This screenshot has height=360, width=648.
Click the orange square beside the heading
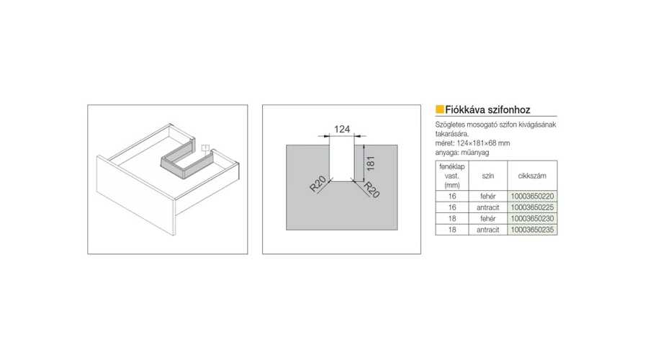(x=439, y=109)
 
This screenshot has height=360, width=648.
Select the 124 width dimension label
(x=342, y=130)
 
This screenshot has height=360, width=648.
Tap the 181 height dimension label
(x=370, y=163)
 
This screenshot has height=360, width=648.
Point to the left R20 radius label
(x=318, y=184)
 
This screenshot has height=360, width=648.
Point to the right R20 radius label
(x=371, y=189)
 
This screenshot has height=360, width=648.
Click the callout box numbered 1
(x=205, y=148)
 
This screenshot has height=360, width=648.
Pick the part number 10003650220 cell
(x=532, y=197)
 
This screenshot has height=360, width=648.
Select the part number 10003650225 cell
(x=532, y=207)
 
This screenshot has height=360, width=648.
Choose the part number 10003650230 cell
(x=532, y=219)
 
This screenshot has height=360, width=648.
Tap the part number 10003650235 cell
(x=532, y=230)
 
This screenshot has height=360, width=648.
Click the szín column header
(x=488, y=176)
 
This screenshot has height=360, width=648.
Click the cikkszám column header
(x=532, y=176)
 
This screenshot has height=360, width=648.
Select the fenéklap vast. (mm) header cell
(x=452, y=176)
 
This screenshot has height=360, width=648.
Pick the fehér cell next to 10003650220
(x=488, y=197)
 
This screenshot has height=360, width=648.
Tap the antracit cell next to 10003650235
(x=488, y=230)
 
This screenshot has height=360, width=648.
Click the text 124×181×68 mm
(x=484, y=143)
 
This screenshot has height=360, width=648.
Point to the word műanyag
(x=475, y=153)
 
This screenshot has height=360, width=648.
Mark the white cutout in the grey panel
(x=342, y=163)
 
